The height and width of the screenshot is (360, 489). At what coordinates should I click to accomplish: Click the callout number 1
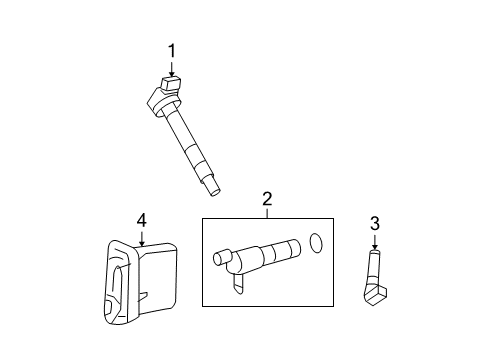(x=172, y=49)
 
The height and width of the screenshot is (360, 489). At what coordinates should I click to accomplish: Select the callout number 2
(x=267, y=200)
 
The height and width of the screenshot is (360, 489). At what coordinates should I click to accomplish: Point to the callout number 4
(x=142, y=219)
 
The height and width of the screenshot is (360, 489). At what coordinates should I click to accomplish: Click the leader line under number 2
(x=267, y=213)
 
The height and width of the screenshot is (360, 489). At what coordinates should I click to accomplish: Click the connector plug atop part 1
(x=168, y=85)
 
